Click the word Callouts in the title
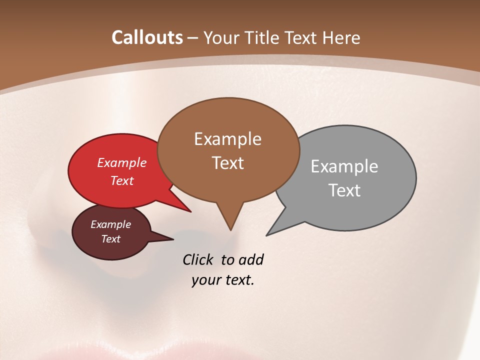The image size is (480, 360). point(147,37)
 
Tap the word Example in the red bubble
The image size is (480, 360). point(121,162)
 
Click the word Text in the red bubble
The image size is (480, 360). point(121,180)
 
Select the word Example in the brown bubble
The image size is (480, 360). point(227,139)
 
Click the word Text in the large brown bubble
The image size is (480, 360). point(227,163)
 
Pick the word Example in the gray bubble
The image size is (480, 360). point(344,166)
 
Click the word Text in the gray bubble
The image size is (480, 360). point(344,190)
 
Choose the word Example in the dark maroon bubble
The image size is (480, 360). point(110,224)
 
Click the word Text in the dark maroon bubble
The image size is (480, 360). point(110,239)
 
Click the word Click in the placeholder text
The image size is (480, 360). point(198,259)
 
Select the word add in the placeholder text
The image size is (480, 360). point(251,259)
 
